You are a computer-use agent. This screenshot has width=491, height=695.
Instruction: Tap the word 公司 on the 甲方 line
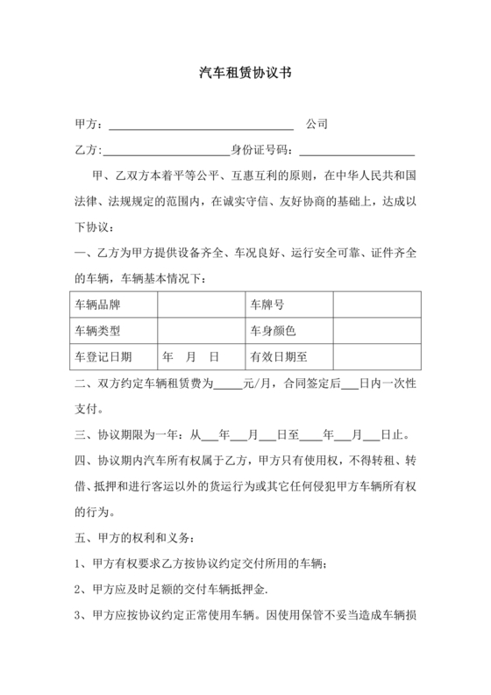tap(317, 125)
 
